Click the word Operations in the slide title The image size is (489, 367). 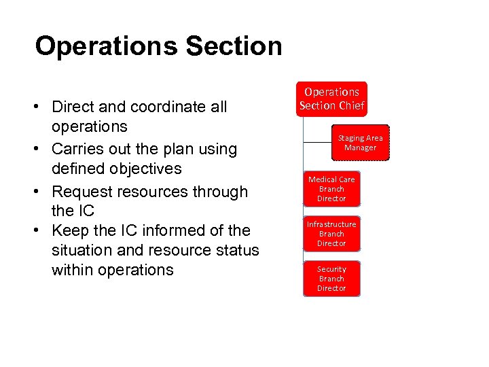click(x=105, y=46)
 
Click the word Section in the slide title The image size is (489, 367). click(x=233, y=46)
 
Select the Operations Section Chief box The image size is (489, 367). click(x=331, y=99)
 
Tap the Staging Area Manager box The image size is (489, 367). click(x=360, y=143)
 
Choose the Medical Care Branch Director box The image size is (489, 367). click(x=331, y=189)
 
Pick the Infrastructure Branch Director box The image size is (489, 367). click(x=331, y=234)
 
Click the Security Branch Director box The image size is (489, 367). click(x=331, y=279)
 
